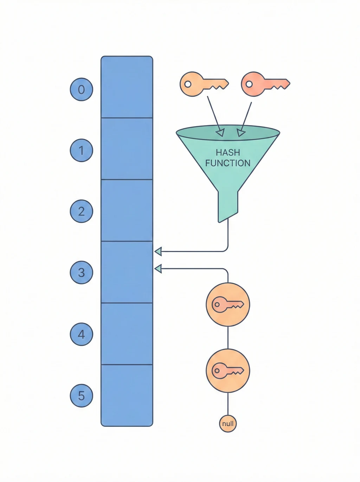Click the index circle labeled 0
[x=81, y=89]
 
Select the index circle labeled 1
[x=81, y=150]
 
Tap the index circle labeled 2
[x=81, y=211]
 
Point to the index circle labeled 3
[x=81, y=272]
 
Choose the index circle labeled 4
[x=81, y=334]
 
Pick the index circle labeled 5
[x=81, y=396]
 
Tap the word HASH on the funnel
[x=228, y=153]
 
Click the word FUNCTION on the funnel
[x=228, y=163]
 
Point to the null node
[x=228, y=424]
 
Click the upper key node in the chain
[x=228, y=304]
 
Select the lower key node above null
[x=228, y=371]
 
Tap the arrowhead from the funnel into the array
[x=158, y=251]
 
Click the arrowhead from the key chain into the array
[x=158, y=269]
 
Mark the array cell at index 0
[x=127, y=87]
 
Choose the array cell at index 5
[x=127, y=395]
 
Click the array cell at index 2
[x=127, y=210]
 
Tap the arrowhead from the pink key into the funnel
[x=240, y=133]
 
